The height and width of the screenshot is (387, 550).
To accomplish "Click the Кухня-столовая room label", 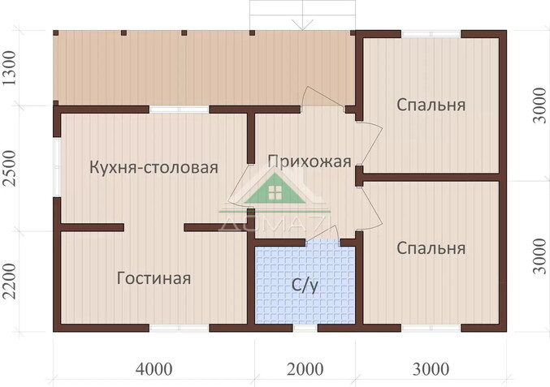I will pos(154,168).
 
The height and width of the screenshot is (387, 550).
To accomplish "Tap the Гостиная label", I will pos(154,278).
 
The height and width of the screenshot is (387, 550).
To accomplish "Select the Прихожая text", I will pos(309,161).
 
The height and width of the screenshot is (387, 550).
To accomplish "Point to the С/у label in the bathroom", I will pos(305,286).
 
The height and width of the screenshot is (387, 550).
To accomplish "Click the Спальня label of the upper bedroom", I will pos(431,105).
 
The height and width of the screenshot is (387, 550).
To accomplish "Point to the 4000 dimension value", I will pos(154,369).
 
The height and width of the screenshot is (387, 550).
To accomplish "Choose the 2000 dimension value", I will pos(305,369).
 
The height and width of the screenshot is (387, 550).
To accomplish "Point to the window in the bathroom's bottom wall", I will pos(305,328).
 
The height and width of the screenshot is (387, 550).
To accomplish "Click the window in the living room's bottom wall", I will pos(180,328).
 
